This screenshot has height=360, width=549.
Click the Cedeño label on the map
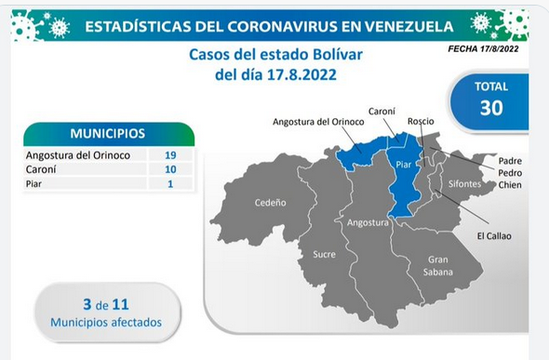[x=270, y=203]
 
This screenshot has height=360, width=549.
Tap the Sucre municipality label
[x=324, y=254]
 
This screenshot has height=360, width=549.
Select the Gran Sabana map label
[x=438, y=266]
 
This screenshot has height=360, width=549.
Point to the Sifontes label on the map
[x=464, y=183]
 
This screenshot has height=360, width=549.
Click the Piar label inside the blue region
[x=403, y=165]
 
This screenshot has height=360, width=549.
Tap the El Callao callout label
[x=494, y=236]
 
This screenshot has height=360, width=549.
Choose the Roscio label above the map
[x=421, y=122]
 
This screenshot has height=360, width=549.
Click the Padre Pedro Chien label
[x=510, y=173]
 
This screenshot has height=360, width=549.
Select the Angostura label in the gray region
[x=368, y=223]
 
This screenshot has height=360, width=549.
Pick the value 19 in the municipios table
[x=170, y=155]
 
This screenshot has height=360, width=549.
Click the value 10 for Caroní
[x=170, y=169]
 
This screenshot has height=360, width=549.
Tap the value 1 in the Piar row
[x=170, y=183]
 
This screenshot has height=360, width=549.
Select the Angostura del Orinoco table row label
[x=78, y=155]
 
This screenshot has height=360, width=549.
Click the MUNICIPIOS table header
[x=108, y=133]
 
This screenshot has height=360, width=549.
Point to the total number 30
[x=491, y=107]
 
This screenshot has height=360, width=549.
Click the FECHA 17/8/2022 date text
[x=483, y=48]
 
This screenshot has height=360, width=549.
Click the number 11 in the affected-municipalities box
[x=121, y=305]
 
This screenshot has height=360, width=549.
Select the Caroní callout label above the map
[x=382, y=112]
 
